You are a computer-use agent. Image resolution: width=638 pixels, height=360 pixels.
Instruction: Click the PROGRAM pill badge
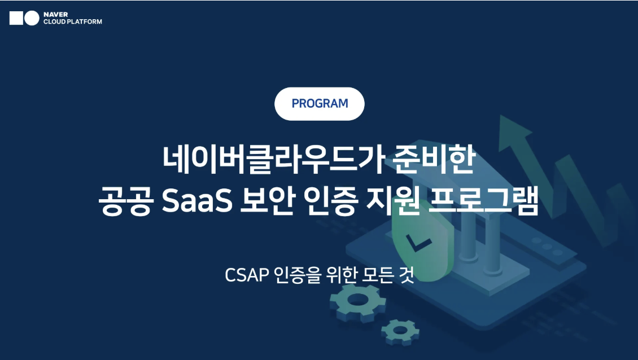point(320,104)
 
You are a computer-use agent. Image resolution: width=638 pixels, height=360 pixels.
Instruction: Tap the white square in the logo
point(16,18)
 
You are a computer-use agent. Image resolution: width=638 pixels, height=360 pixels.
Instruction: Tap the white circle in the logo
point(32,18)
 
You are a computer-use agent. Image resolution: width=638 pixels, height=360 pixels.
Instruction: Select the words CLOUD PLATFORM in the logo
point(73,22)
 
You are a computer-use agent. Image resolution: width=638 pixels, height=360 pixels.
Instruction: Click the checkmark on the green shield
point(419,244)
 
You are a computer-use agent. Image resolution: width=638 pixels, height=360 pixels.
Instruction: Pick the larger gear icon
point(357,303)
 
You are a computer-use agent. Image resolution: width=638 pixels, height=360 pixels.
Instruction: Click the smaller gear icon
point(400,332)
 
